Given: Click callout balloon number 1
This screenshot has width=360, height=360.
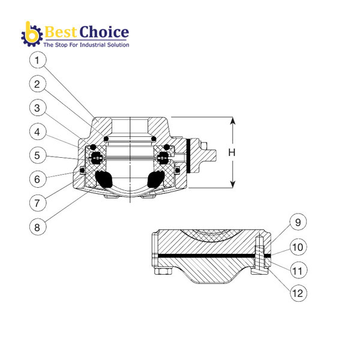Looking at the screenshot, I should point(38,61).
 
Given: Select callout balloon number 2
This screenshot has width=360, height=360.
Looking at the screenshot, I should point(38,84).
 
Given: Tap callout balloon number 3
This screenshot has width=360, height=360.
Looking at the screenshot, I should point(38,107).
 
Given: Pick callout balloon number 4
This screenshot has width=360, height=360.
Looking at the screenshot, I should point(38,131).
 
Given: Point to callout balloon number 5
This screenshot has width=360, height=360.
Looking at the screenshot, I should point(38,154).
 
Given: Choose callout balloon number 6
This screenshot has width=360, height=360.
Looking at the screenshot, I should point(38,178).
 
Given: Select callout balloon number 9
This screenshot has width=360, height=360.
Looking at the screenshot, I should point(296,222).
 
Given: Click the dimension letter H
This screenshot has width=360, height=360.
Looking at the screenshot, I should point(232,153).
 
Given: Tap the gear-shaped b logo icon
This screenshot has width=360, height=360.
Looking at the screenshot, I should point(31,35).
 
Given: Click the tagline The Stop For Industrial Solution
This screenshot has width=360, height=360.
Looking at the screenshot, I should point(85,45).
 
